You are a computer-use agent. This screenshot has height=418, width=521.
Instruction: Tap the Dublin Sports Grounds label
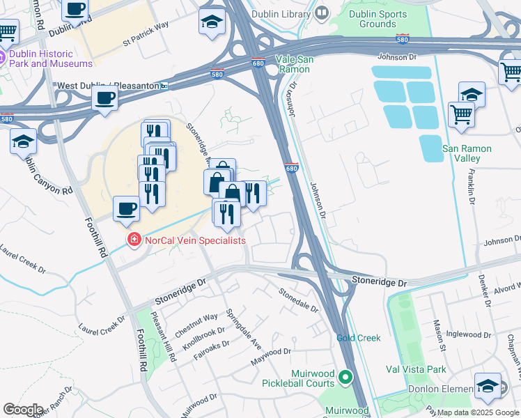point(378,18)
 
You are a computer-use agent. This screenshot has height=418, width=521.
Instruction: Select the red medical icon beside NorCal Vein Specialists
point(134,240)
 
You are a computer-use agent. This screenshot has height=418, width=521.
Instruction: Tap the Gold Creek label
point(359,338)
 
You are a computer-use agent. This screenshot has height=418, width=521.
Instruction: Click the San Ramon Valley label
point(467,154)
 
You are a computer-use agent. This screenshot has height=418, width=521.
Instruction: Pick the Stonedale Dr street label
point(299,300)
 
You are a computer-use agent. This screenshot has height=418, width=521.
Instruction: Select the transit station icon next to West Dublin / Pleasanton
point(164,86)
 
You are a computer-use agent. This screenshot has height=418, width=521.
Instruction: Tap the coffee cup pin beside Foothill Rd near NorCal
point(127,208)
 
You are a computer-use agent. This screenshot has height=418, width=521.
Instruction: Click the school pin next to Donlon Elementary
point(488,385)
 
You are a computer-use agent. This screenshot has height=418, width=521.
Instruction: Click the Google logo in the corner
point(22,409)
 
